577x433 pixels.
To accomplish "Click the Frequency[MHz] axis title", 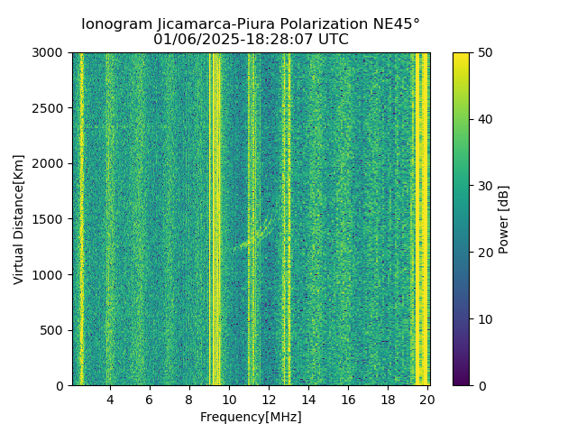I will pos(251,417).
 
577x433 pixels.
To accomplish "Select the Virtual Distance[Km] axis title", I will pos(19,219).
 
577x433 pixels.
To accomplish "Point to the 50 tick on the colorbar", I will pos(483,52).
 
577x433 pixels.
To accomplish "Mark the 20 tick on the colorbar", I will pos(483,253).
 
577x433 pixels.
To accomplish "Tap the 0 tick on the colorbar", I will pos(480,385).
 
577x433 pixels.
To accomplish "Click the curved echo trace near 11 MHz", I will pos(255,236).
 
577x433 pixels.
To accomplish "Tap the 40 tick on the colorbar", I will pos(483,119).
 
